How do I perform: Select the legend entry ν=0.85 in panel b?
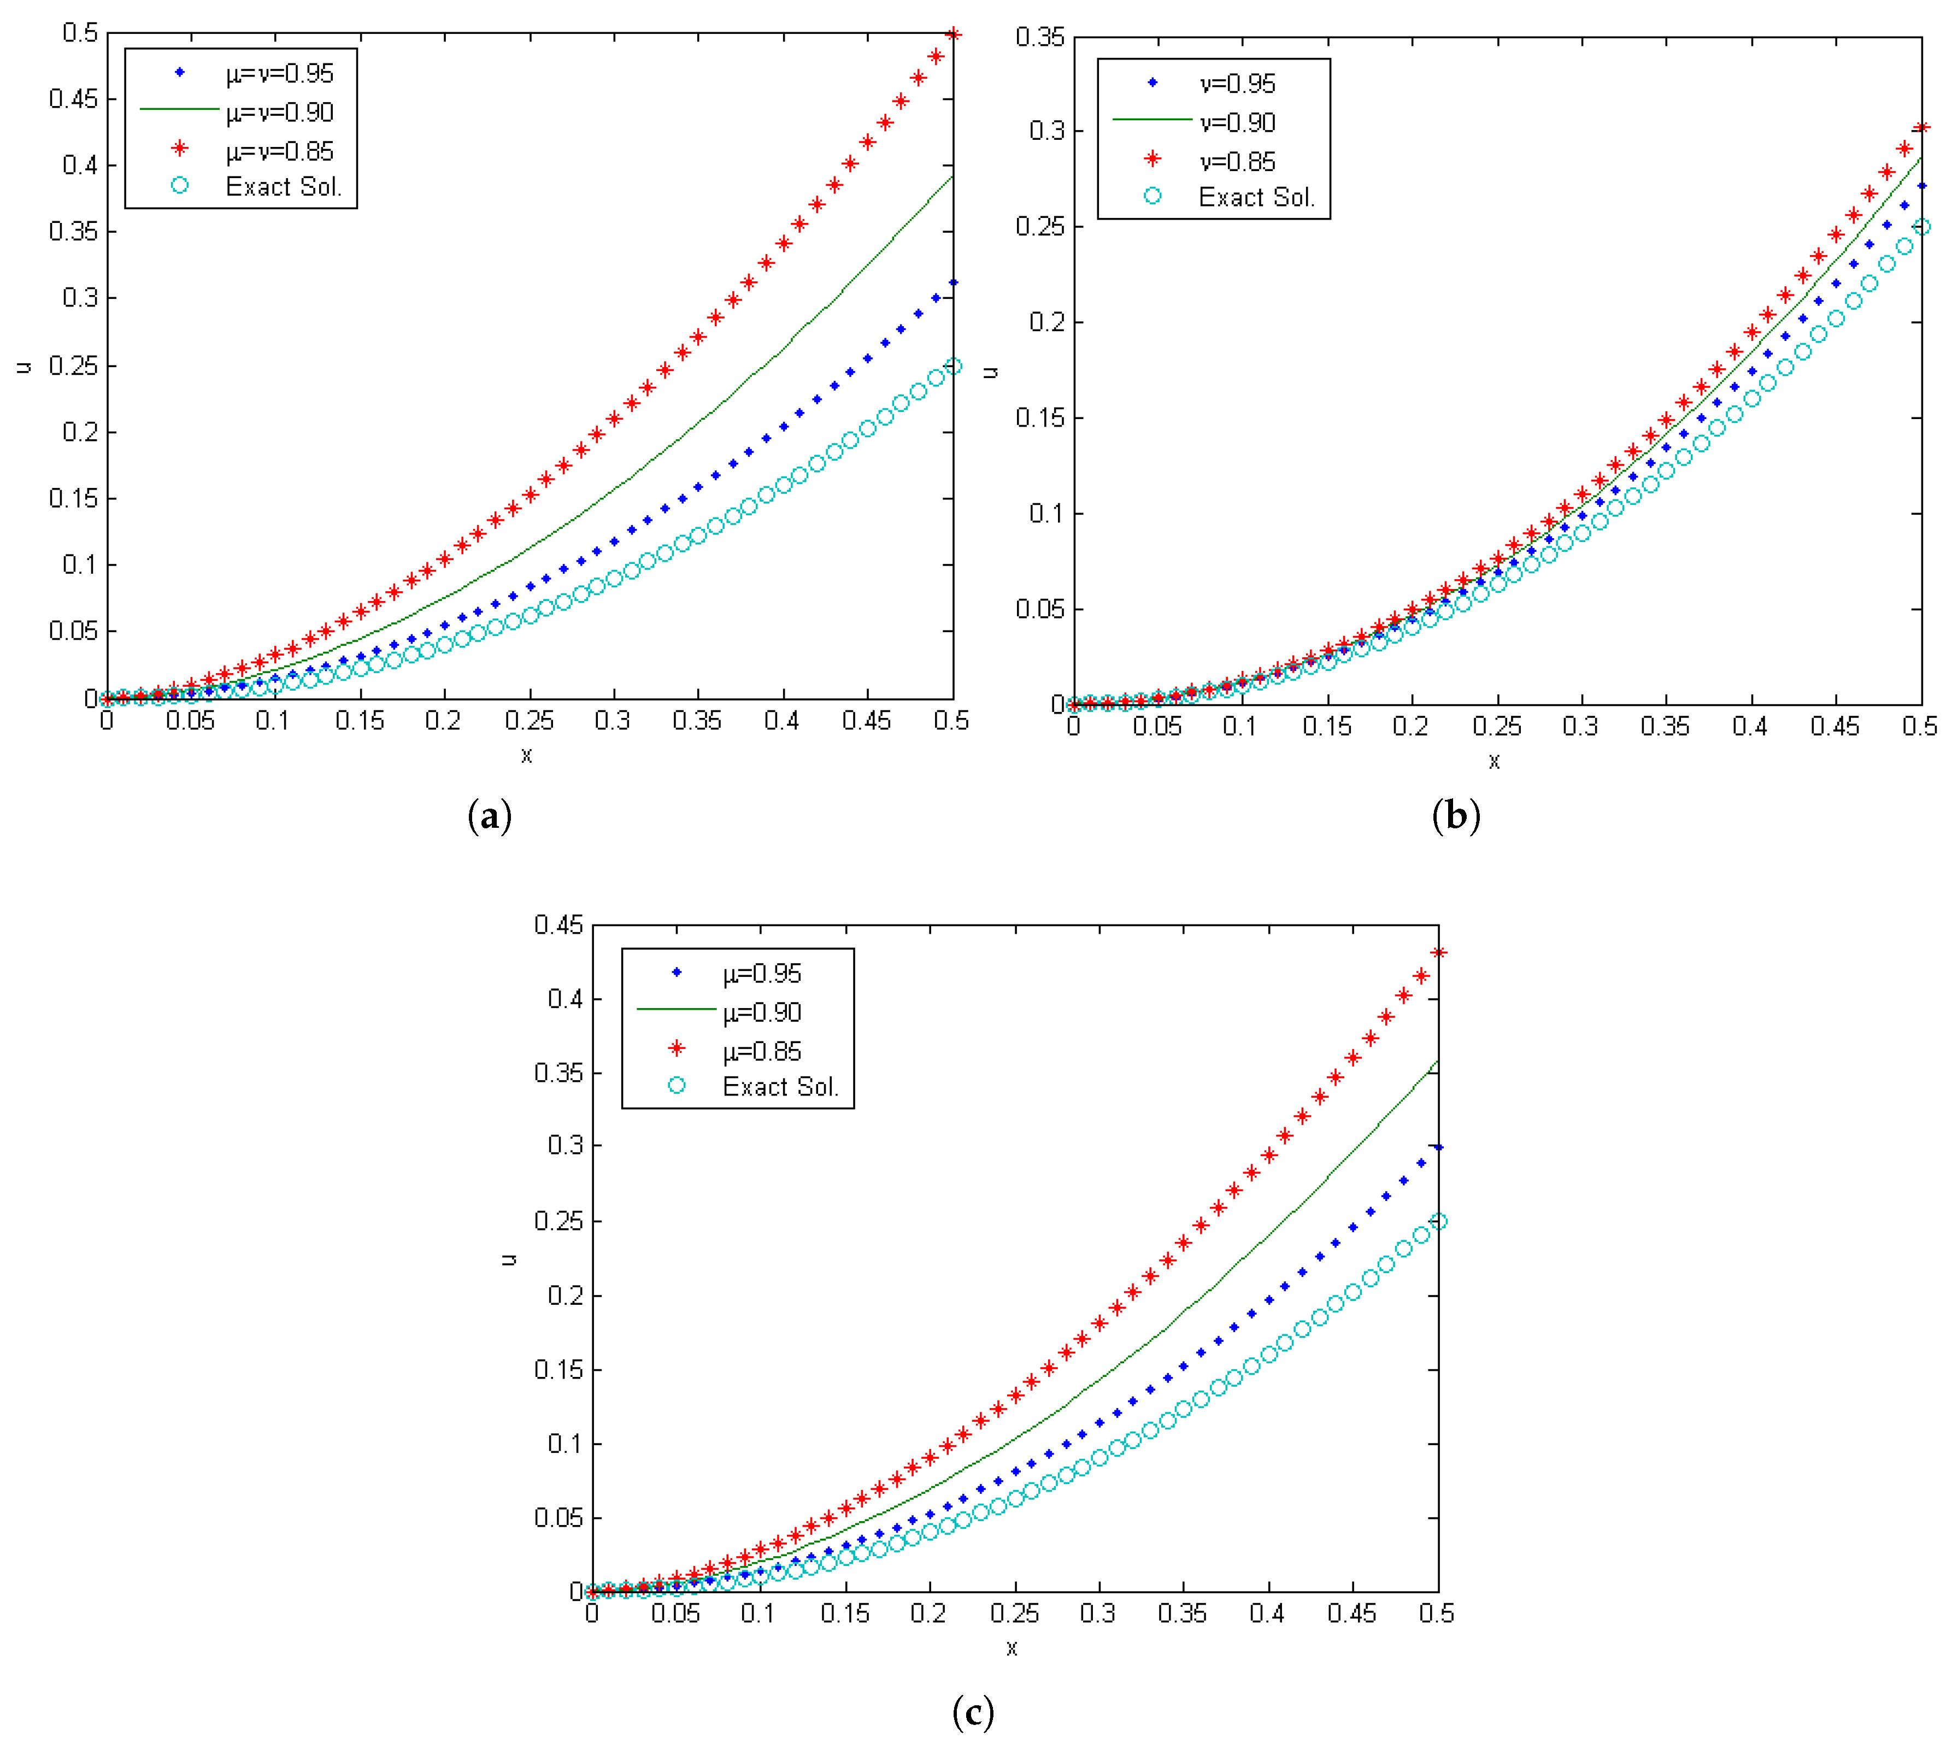[1238, 162]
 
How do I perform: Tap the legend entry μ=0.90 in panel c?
[762, 1012]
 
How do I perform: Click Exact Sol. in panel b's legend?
[1256, 198]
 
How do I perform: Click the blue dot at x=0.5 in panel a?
[953, 282]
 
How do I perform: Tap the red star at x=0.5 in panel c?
[1438, 953]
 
